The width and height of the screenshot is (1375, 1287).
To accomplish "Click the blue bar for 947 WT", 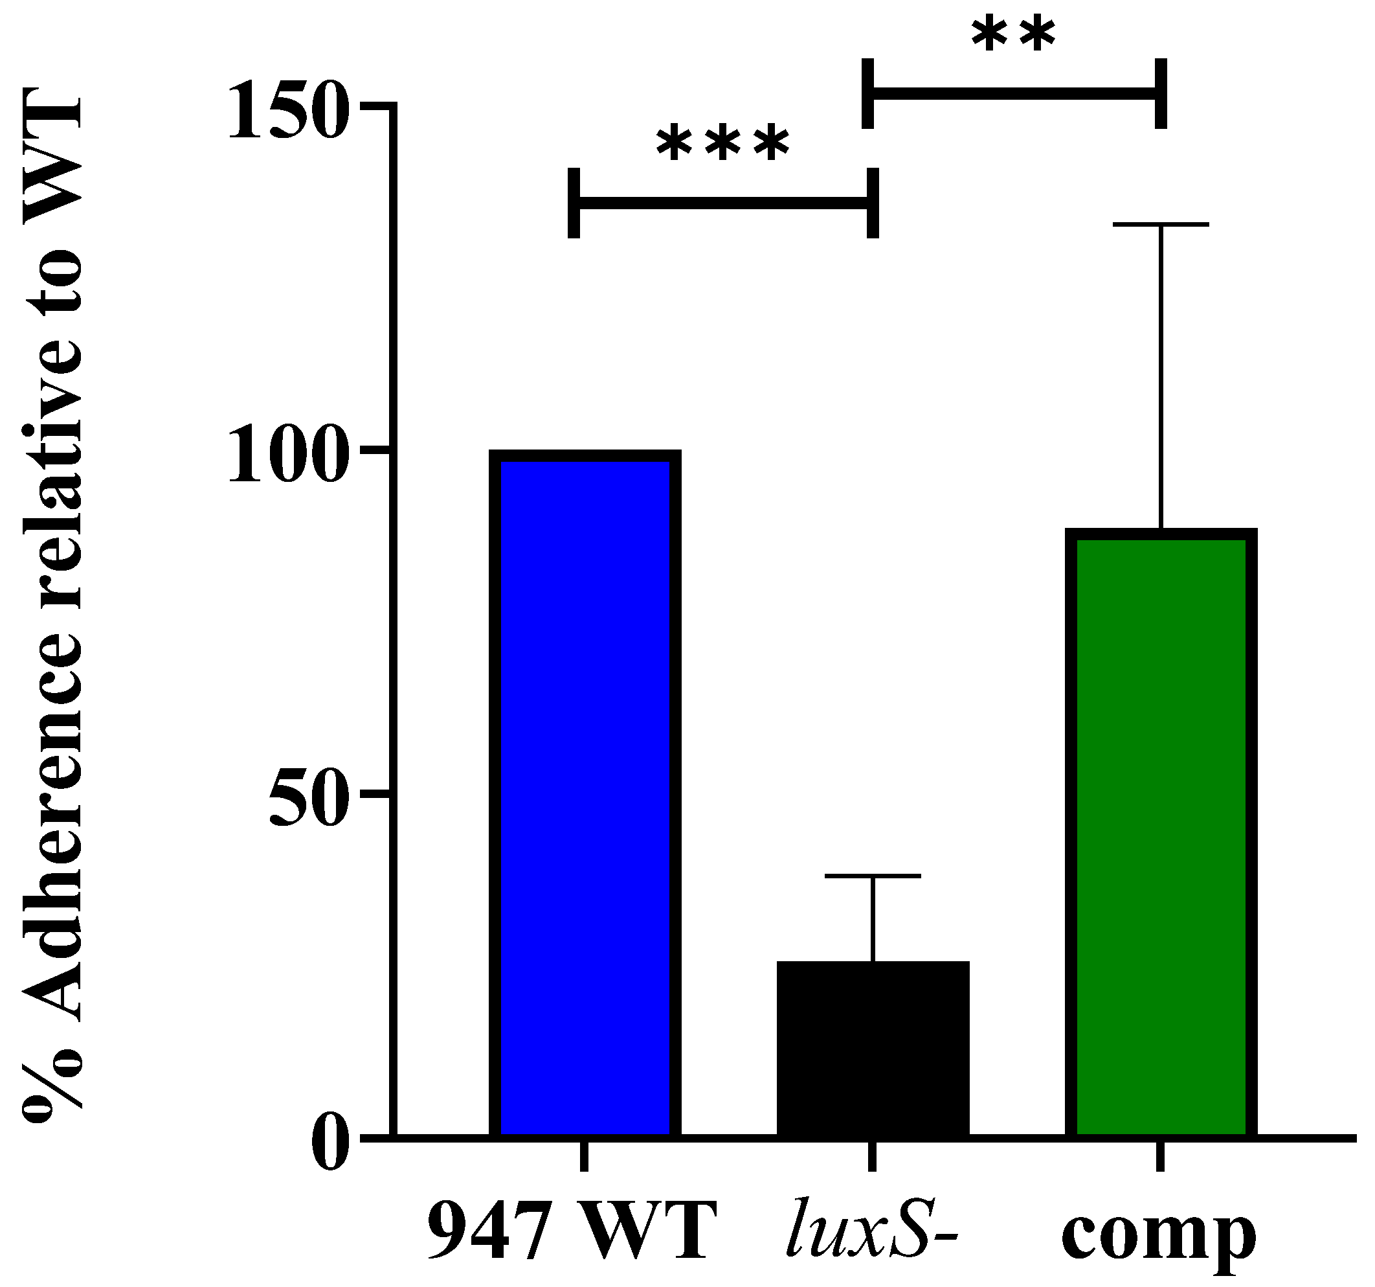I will [585, 761].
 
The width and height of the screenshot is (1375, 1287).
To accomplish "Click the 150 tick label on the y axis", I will [285, 111].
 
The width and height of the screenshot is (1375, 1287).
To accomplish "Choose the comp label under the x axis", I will [1159, 1238].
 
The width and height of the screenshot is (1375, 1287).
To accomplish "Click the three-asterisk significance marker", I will [722, 146].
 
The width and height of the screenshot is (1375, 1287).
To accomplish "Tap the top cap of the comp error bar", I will [1161, 224].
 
